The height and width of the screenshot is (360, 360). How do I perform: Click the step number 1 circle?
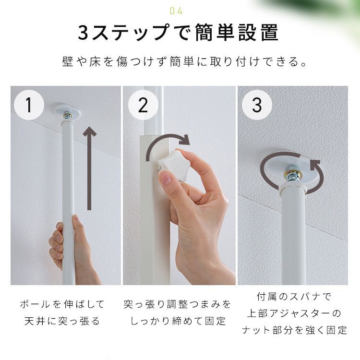click(x=29, y=105)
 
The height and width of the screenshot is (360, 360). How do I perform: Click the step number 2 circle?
click(x=143, y=105)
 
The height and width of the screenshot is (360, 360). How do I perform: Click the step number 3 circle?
click(x=257, y=105)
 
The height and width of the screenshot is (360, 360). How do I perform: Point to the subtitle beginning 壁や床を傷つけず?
click(x=184, y=62)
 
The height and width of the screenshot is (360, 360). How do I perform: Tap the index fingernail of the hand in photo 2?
click(x=166, y=179)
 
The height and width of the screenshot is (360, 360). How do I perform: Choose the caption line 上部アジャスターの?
click(x=294, y=313)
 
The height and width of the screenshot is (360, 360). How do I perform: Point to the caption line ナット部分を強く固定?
click(x=294, y=330)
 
